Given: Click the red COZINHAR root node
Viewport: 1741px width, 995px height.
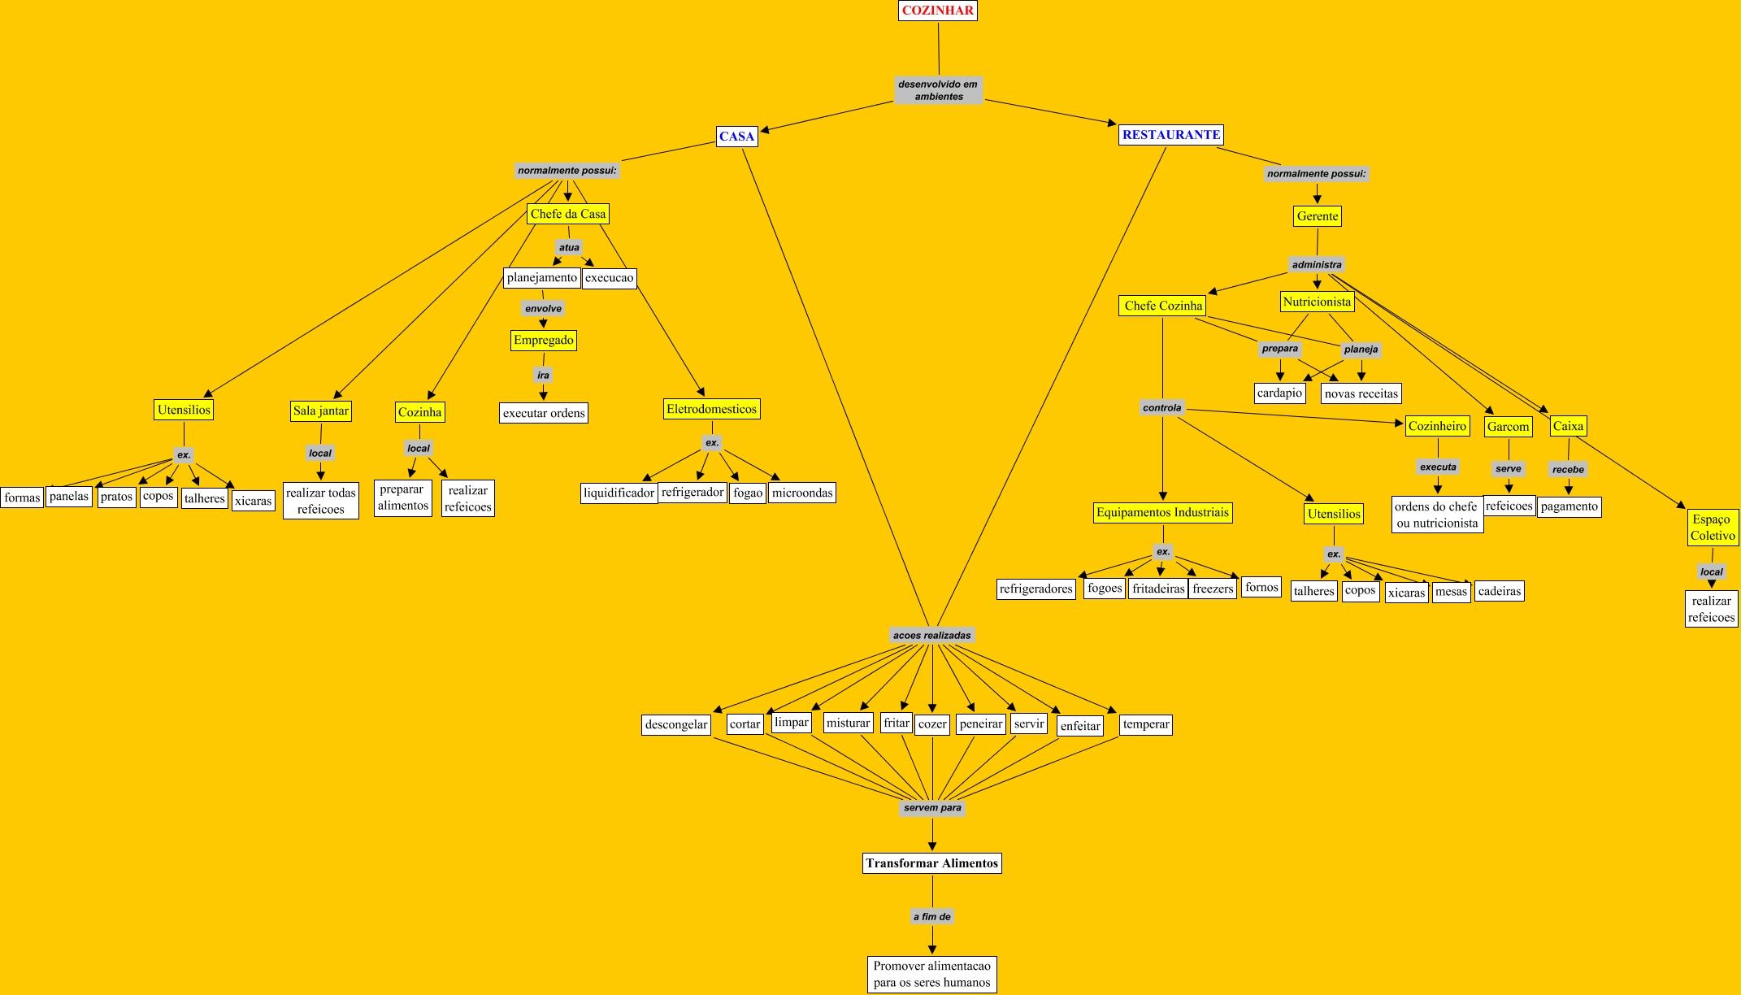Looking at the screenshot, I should point(937,11).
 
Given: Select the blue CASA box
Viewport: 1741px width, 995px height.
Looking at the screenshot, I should point(736,137).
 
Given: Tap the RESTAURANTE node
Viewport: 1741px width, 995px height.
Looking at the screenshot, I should point(1170,135).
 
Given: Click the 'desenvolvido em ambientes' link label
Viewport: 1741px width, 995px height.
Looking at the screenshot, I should point(938,90).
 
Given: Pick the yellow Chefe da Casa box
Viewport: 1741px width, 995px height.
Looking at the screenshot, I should point(567,214).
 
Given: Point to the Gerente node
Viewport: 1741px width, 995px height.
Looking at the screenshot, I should point(1317,216).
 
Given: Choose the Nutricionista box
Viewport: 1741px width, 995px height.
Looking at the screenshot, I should point(1317,302).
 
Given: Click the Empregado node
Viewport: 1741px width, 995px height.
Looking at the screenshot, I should point(543,340).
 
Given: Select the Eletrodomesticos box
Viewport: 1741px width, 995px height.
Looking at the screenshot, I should point(711,409).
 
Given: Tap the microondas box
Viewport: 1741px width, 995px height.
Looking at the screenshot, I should point(801,493).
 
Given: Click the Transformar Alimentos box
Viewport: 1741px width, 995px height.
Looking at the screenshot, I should point(931,863).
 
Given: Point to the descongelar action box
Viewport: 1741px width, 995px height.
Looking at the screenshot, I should point(675,724).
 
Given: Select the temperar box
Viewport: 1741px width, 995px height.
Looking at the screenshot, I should point(1145,724).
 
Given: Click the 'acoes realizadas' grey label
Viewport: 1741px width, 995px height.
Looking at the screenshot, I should point(931,636).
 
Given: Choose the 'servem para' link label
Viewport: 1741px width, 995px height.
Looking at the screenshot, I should point(932,808).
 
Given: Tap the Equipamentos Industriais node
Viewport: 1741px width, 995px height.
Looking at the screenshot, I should point(1162,512).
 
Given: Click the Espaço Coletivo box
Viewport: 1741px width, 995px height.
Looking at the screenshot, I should point(1713,528).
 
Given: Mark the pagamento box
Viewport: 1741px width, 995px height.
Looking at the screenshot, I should point(1569,506).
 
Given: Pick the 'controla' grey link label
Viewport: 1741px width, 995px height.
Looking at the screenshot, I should point(1161,408).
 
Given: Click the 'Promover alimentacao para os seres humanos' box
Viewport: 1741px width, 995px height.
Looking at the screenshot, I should point(931,974).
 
